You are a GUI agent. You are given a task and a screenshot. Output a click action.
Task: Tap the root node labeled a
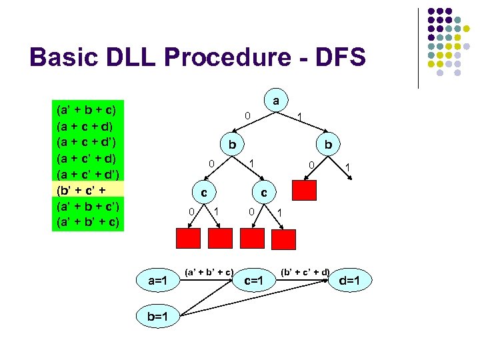pyautogui.click(x=275, y=101)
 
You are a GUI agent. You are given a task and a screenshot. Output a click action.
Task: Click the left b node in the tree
pyautogui.click(x=231, y=145)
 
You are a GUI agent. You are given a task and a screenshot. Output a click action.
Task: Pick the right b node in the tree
pyautogui.click(x=328, y=145)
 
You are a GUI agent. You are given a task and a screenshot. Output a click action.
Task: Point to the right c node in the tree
pyautogui.click(x=264, y=193)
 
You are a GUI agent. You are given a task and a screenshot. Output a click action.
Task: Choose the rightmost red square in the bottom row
pyautogui.click(x=284, y=238)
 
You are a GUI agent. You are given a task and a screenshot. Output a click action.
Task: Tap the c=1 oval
pyautogui.click(x=255, y=281)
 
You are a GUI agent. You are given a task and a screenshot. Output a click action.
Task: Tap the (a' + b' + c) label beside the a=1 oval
pyautogui.click(x=208, y=271)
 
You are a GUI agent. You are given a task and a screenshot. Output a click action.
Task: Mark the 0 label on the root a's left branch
pyautogui.click(x=247, y=116)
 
